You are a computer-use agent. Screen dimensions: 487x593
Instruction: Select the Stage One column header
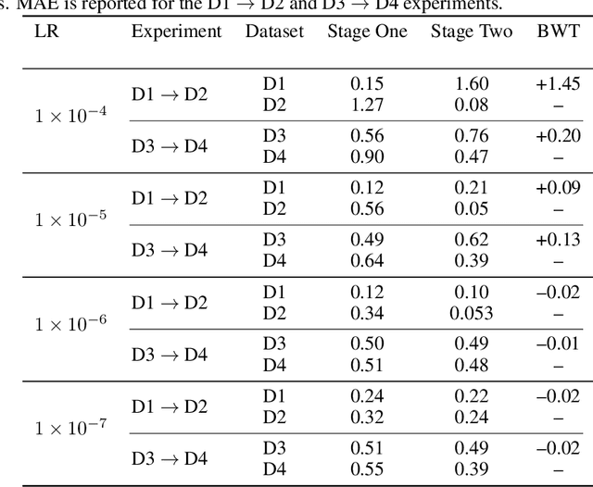[367, 31]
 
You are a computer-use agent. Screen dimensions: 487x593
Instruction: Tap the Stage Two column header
[471, 31]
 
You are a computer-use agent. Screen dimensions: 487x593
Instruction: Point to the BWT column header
[558, 31]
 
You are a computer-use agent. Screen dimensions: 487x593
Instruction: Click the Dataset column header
[274, 31]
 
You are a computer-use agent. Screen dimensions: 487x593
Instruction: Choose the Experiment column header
[176, 31]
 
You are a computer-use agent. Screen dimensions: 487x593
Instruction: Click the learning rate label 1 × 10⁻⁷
[70, 428]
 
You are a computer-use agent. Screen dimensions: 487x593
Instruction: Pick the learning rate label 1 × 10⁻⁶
[70, 324]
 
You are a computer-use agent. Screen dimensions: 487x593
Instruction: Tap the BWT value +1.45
[558, 83]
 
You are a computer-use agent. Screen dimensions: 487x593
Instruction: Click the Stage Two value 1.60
[471, 83]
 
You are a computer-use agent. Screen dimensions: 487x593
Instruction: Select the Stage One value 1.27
[367, 103]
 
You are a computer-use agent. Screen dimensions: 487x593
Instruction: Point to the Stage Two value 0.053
[471, 312]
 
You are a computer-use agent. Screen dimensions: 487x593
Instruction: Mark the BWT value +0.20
[558, 136]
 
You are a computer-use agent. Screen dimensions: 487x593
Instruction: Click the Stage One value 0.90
[367, 156]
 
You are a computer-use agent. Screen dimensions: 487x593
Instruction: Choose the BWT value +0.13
[558, 241]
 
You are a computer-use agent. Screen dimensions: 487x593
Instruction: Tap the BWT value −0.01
[558, 344]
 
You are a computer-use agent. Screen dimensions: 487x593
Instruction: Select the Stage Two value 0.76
[471, 136]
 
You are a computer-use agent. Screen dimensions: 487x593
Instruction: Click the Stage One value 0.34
[367, 312]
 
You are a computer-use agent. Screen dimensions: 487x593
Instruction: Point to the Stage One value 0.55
[367, 468]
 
